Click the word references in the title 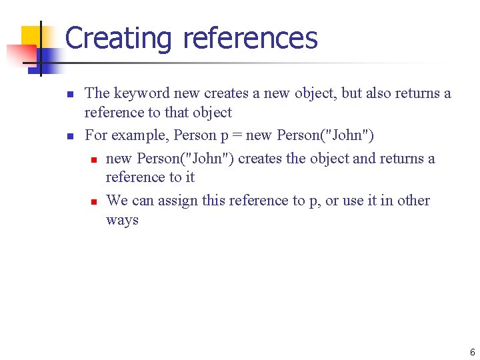point(250,38)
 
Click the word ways point(122,220)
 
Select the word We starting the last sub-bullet point(117,201)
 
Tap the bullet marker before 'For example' point(70,136)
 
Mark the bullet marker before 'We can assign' point(94,201)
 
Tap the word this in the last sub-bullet point(221,201)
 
